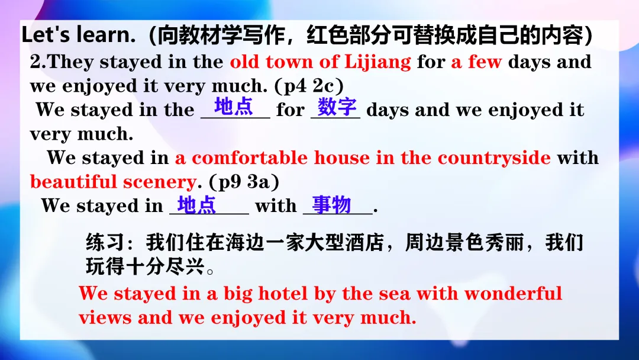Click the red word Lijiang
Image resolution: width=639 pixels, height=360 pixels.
click(377, 62)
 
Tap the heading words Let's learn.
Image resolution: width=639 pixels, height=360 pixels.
click(78, 35)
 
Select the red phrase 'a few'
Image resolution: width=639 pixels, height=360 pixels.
click(476, 62)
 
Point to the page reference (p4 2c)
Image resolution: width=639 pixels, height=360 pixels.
click(309, 86)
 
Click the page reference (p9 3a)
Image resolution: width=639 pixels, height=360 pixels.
click(244, 182)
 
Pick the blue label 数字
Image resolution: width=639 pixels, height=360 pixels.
click(337, 107)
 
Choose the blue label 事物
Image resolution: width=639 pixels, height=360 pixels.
click(331, 204)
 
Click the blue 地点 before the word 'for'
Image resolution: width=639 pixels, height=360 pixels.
click(234, 107)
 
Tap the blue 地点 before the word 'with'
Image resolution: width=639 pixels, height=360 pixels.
click(196, 205)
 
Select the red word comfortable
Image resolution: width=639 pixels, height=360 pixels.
click(250, 158)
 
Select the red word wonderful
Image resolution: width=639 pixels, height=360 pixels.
click(513, 294)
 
